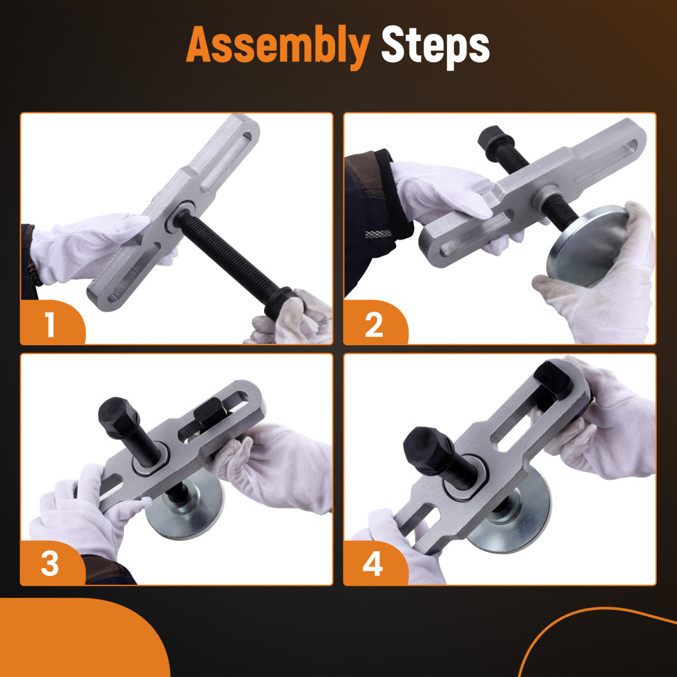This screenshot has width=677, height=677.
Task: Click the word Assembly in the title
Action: point(278,45)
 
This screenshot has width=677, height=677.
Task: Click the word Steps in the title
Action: point(435,45)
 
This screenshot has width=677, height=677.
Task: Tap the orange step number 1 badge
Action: point(53,322)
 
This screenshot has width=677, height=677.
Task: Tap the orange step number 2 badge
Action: point(375,322)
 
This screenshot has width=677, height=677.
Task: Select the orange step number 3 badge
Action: point(53,563)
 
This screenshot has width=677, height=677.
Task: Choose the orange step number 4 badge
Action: point(375,563)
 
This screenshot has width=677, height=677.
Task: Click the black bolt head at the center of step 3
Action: point(118,418)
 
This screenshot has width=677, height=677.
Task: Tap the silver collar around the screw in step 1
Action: point(180,216)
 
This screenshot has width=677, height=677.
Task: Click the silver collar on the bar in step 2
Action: point(546,196)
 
